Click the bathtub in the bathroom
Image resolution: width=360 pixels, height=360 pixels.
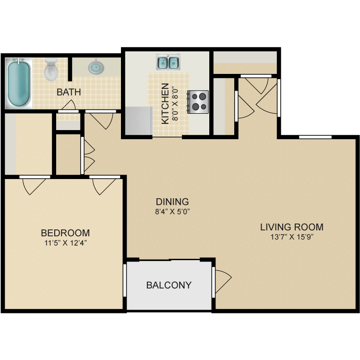pos(19,83)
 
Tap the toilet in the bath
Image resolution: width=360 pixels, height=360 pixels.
pos(51,70)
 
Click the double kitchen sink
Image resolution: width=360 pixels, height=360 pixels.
pos(168,62)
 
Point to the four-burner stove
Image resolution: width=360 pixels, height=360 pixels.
pos(199,102)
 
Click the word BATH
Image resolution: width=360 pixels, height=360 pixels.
pos(69,92)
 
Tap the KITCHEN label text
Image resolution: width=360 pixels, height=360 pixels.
pos(165,104)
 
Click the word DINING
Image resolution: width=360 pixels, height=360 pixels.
pos(172,202)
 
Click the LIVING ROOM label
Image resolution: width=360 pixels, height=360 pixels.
pos(291,227)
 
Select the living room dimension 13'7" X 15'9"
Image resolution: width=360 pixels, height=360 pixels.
pos(291,236)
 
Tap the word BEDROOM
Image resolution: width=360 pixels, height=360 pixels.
pos(65,233)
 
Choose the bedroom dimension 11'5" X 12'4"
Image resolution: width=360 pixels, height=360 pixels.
pos(65,243)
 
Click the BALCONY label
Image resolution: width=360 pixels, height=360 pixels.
pos(168,285)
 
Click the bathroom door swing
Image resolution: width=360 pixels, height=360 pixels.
pos(69,105)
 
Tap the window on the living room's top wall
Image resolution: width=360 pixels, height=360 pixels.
pos(315,137)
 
